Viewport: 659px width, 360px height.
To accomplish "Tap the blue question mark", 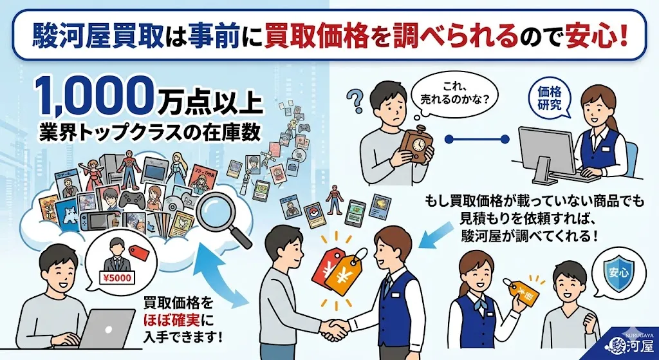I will [x=354, y=102].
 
